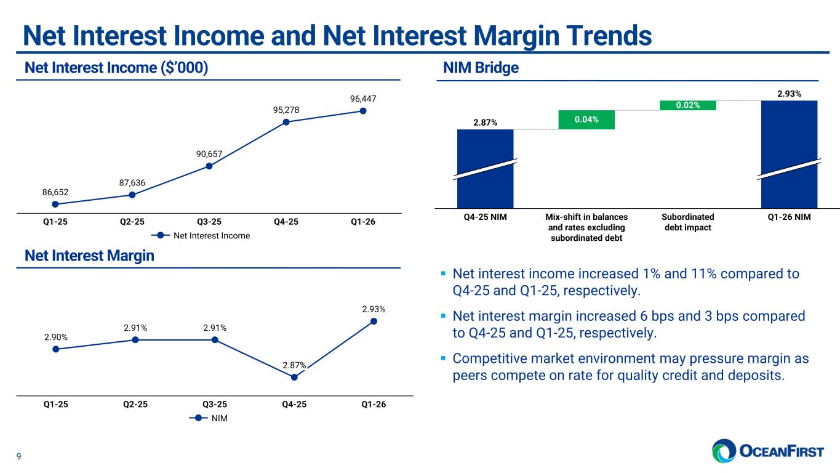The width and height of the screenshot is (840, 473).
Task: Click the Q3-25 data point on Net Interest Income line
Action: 209,166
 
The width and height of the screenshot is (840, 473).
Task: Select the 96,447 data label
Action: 363,99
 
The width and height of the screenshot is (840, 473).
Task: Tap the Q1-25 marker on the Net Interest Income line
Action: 55,204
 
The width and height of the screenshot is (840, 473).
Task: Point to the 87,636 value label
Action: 132,182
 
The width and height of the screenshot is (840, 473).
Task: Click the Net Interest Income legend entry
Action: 202,235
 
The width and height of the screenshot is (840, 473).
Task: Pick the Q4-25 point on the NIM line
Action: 294,377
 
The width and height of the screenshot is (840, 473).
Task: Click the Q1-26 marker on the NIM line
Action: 374,321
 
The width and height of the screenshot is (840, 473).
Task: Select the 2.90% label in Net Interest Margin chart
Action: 56,337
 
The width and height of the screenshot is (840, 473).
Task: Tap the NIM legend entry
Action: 215,418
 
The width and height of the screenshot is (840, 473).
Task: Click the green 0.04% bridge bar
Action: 586,119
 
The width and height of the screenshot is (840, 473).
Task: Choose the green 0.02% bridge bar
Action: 687,105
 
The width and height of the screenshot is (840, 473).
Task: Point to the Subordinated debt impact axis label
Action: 688,222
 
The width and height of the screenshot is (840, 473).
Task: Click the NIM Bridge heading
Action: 481,68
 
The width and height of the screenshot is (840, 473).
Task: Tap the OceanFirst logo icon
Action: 724,451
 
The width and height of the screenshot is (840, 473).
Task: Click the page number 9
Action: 18,456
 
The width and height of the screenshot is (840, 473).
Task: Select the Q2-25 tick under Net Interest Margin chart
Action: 135,404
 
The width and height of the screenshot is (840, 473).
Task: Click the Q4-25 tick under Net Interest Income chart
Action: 286,222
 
